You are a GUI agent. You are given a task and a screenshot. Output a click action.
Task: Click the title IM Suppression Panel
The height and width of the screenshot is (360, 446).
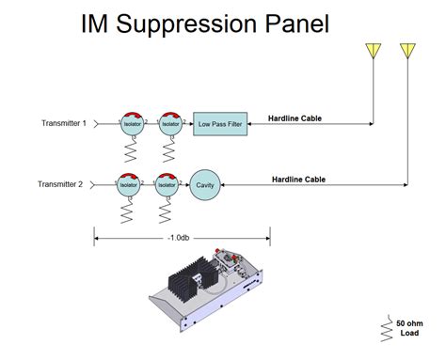[x=205, y=23]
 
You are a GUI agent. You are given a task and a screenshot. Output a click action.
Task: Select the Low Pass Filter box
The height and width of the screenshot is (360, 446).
[x=220, y=123]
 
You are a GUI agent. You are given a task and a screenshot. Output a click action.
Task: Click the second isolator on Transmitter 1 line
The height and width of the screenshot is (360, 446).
[x=169, y=123]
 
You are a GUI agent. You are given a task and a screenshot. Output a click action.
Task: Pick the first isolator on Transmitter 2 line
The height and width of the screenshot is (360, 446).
[x=130, y=185]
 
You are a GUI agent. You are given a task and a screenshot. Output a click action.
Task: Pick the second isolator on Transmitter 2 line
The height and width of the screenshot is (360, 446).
[x=166, y=185]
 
